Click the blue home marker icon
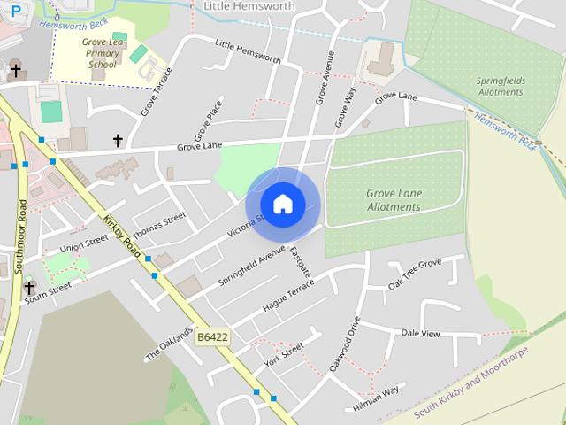283,205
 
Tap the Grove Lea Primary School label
102,53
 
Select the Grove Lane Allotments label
394,200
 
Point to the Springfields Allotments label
501,86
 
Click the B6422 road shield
212,337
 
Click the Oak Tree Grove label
414,274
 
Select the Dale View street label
420,334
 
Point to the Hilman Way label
376,396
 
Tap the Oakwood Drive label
346,344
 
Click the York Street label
283,356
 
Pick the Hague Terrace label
288,295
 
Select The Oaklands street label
169,344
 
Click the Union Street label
84,243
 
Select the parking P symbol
16,10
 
